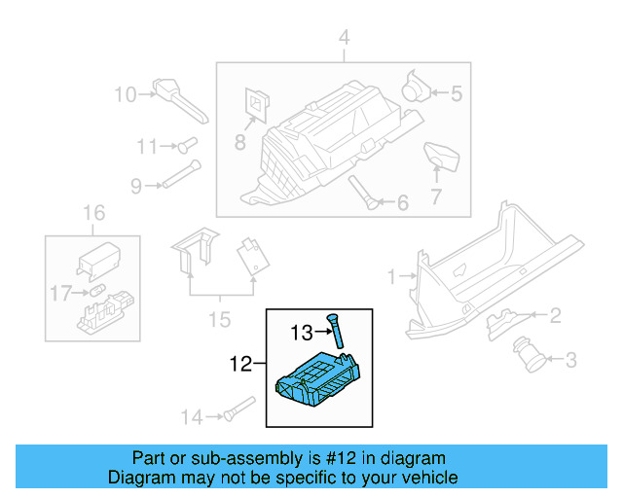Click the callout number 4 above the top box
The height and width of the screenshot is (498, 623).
coord(343,38)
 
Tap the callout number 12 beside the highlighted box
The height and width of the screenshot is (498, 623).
coord(239,366)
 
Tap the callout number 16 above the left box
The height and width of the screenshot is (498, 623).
coord(92,213)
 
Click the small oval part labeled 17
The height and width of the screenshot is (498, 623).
coord(97,290)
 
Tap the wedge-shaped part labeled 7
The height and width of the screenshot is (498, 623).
coord(440,159)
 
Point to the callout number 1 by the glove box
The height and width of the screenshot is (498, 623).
coord(392,277)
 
